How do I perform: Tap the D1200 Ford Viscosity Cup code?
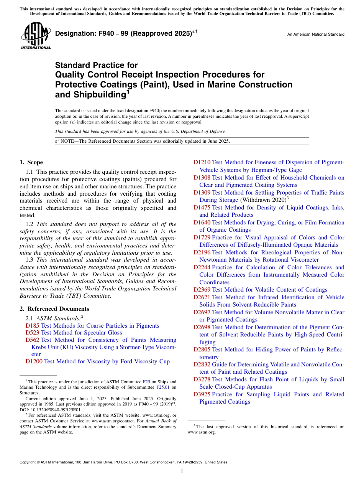click(34, 361)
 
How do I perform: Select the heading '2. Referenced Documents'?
click(54, 309)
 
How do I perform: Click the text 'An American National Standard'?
click(316, 35)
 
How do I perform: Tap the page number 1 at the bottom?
click(182, 472)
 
